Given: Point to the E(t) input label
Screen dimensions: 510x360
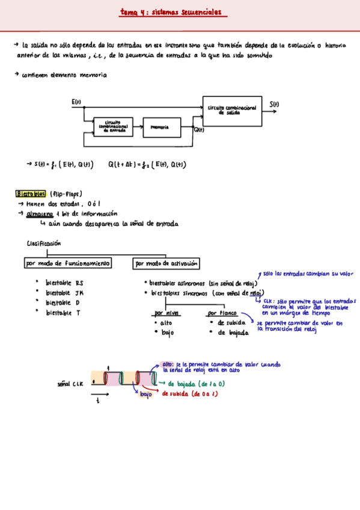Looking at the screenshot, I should click(76, 102).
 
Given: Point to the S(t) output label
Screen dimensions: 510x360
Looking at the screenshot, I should click(274, 104).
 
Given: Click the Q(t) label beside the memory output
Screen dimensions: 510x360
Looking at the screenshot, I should click(199, 129).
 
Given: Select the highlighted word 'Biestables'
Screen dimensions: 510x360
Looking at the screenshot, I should click(31, 194).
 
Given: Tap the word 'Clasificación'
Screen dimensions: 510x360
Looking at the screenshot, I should click(44, 244).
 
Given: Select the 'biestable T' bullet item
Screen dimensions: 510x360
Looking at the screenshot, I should click(63, 313).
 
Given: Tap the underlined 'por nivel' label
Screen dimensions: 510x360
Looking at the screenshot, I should click(166, 313).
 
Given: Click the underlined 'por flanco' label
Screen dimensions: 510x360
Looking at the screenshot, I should click(221, 313).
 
